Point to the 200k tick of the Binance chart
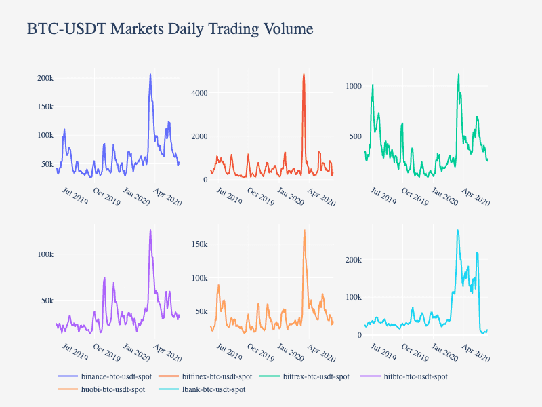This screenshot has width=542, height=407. [x=45, y=78]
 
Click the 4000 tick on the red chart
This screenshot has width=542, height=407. [x=199, y=93]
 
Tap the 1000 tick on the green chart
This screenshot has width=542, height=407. [x=354, y=86]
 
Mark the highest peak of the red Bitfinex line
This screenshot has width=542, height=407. [x=304, y=74]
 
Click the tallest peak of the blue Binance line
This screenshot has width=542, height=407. [x=150, y=74]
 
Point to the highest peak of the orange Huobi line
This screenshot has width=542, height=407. [x=304, y=230]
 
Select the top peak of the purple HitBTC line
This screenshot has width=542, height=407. [x=150, y=230]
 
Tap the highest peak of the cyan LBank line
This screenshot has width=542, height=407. [x=458, y=230]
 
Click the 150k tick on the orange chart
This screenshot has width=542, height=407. [x=199, y=244]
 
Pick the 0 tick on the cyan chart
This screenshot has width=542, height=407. [x=360, y=335]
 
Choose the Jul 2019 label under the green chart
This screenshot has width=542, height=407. [x=383, y=196]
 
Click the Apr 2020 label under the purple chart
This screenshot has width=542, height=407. [x=167, y=353]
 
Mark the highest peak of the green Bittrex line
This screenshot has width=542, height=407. [x=459, y=74]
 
